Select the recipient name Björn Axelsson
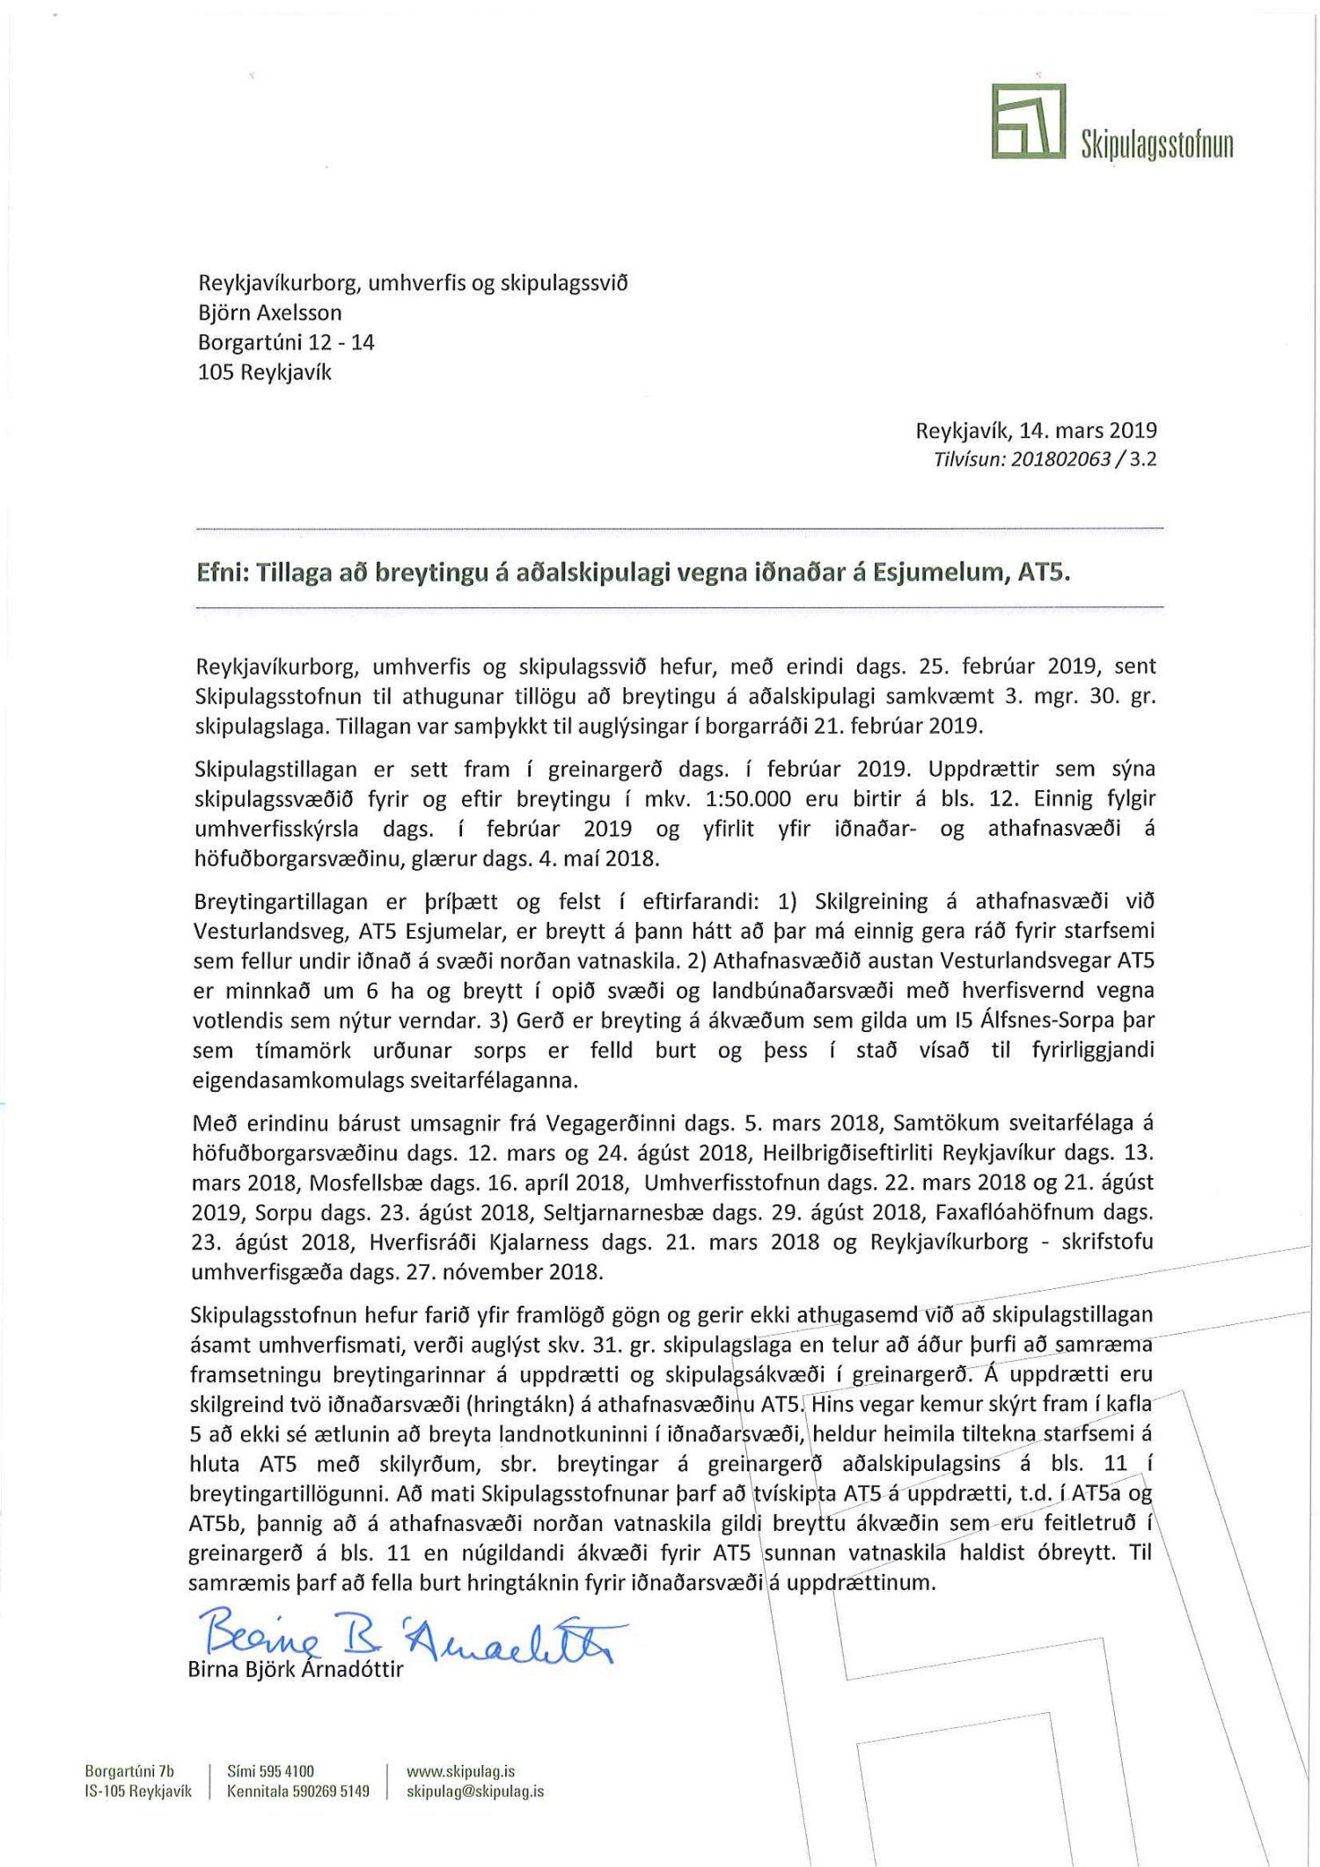tap(269, 312)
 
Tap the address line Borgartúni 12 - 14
tap(286, 342)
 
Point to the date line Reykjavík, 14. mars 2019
tap(1036, 431)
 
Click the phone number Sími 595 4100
tap(270, 1771)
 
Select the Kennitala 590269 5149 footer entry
tap(297, 1791)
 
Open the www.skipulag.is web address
tap(460, 1771)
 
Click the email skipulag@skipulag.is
tap(474, 1791)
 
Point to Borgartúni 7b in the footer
tap(129, 1771)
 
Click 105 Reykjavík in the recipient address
tap(264, 372)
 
